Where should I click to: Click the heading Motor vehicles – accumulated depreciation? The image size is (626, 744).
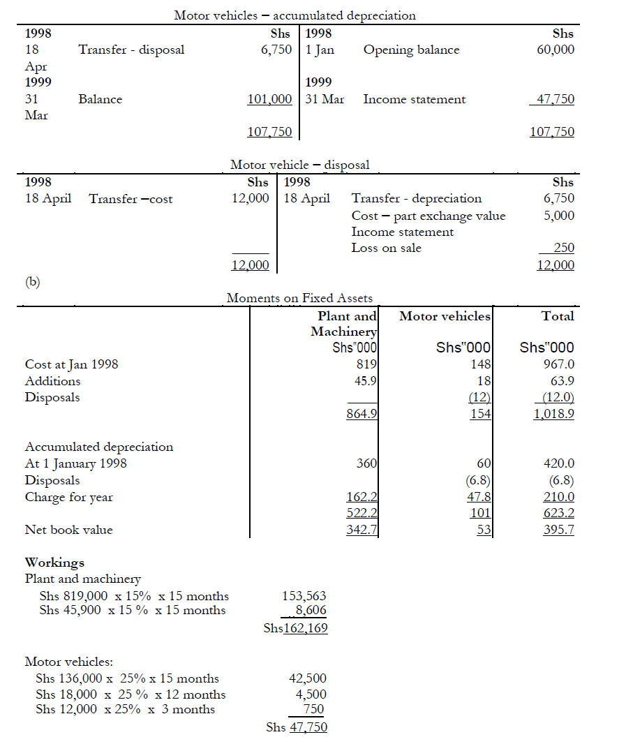click(295, 15)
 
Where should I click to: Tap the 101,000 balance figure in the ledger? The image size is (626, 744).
click(269, 99)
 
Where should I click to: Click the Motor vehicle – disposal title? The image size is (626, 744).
click(300, 165)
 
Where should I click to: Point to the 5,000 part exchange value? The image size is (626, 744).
click(559, 215)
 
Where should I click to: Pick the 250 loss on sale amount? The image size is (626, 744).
click(563, 248)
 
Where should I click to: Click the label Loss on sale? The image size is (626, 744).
click(386, 248)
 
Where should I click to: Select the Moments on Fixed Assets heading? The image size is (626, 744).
click(299, 298)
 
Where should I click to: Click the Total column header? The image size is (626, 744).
click(558, 316)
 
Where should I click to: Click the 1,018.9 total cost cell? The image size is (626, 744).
click(554, 413)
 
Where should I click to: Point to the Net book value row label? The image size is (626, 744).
click(68, 530)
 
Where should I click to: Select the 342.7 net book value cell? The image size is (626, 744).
click(362, 530)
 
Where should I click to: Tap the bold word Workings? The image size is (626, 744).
click(54, 562)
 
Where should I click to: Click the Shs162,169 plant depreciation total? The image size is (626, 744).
click(296, 627)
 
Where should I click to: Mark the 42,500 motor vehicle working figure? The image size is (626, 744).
click(307, 678)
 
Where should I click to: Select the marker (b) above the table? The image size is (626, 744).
click(33, 281)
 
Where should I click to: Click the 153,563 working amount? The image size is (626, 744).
click(304, 595)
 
